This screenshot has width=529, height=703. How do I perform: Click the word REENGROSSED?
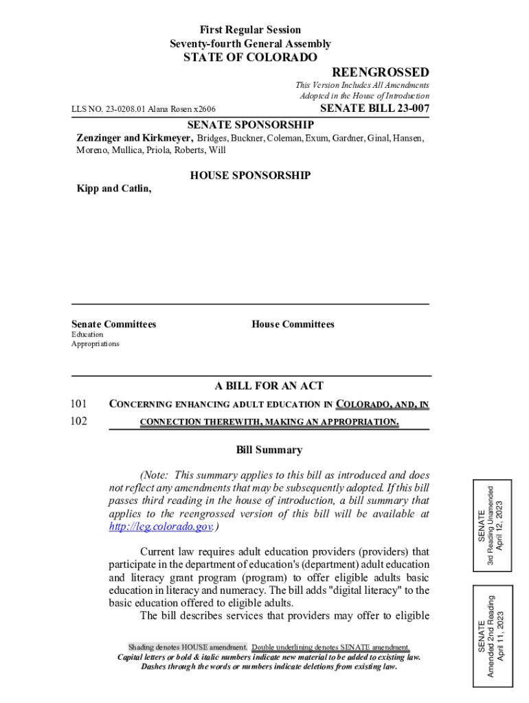[x=381, y=73]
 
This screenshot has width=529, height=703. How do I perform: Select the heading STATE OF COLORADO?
[x=250, y=58]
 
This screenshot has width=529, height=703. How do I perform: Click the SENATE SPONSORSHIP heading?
[x=251, y=124]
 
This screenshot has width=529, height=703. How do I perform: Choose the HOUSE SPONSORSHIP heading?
[x=250, y=176]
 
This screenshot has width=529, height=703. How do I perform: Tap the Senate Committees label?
[x=113, y=324]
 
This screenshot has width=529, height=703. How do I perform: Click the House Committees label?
[x=293, y=324]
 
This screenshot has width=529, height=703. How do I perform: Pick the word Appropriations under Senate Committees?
[x=95, y=343]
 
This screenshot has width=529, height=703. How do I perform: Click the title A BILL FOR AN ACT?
[x=269, y=386]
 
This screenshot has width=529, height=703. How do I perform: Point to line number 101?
[x=79, y=404]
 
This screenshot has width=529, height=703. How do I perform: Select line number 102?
[x=79, y=421]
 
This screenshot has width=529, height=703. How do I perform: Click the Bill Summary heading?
[x=269, y=450]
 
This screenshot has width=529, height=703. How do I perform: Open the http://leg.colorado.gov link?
[x=161, y=527]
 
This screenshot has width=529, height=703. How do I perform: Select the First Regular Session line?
[x=250, y=30]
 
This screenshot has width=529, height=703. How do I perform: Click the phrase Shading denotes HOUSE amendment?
[x=188, y=647]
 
